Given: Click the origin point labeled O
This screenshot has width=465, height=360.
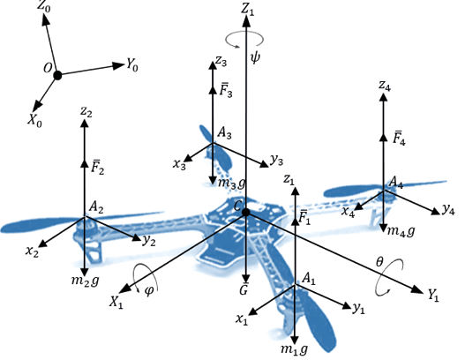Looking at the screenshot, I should [57, 76].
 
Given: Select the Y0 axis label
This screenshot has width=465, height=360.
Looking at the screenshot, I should [133, 64].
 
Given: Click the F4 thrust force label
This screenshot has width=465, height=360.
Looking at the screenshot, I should [399, 139].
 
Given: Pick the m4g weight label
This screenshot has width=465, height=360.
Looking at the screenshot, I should [400, 231].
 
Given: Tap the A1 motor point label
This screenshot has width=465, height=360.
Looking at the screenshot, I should [308, 279].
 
